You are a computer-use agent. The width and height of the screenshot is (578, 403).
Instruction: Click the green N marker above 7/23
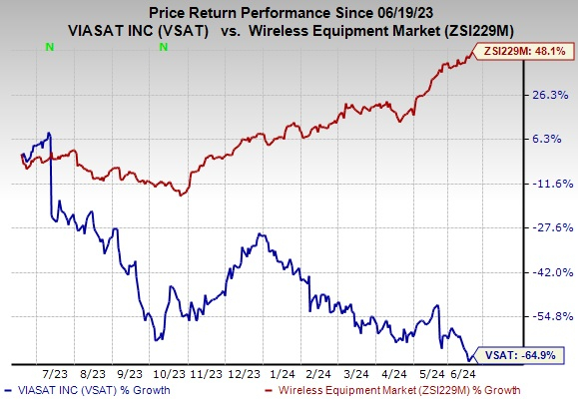tap(49, 46)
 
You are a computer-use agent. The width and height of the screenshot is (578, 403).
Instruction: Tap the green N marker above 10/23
tap(162, 46)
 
